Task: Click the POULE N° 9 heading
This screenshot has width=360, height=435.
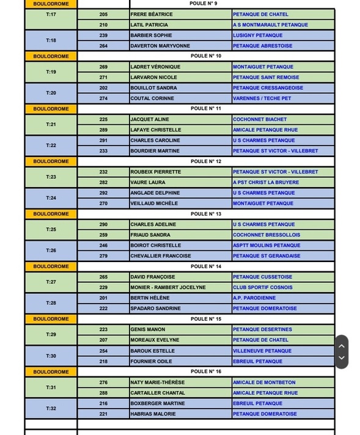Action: [x=204, y=4]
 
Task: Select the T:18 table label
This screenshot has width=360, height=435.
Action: [x=51, y=40]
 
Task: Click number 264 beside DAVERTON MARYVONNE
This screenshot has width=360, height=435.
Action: [x=103, y=46]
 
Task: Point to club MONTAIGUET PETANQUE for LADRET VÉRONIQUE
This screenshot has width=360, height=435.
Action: [x=263, y=67]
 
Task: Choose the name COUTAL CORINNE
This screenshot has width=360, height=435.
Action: [x=152, y=98]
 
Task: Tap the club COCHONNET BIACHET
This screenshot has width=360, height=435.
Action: [x=260, y=119]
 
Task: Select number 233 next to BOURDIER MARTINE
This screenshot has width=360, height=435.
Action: [x=103, y=151]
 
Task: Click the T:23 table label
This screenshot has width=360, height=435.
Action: [x=51, y=177]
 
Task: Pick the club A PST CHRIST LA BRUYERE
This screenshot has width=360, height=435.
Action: [x=266, y=182]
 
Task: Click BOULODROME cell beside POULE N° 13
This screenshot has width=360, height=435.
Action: [x=51, y=214]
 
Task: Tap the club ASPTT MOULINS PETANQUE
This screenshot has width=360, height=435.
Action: [x=266, y=246]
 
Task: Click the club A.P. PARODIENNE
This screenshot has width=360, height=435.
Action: [x=254, y=298]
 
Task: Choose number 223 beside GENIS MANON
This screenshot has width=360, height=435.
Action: [x=103, y=329]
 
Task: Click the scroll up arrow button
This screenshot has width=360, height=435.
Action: [x=342, y=346]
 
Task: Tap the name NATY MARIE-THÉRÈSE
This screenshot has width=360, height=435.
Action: [x=157, y=382]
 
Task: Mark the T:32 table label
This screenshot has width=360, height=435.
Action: [x=51, y=409]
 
